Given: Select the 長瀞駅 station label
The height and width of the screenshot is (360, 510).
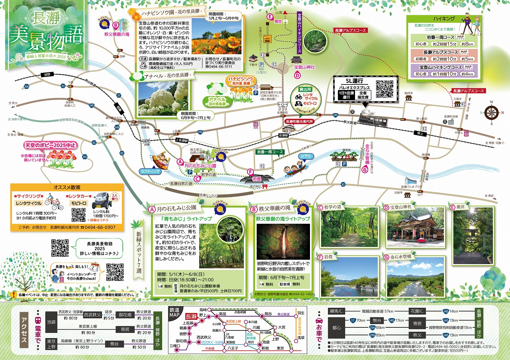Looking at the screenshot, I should (x=284, y=136).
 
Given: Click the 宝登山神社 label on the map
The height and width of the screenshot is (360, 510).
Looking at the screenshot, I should (x=304, y=67).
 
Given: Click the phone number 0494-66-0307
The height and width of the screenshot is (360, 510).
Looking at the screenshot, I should (x=98, y=227).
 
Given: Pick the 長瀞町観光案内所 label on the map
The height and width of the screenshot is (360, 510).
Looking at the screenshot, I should (x=299, y=121).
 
